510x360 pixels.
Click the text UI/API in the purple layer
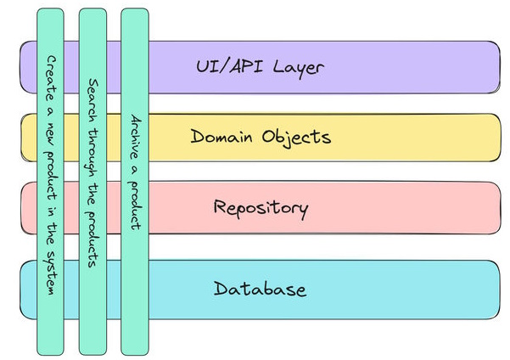point(223,65)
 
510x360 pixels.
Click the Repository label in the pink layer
point(261,207)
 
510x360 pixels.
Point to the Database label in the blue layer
point(260,289)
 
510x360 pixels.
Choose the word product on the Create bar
point(51,170)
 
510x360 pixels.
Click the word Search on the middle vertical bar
point(93,98)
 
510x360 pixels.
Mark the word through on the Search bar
point(93,151)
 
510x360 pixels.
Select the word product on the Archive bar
point(135,205)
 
